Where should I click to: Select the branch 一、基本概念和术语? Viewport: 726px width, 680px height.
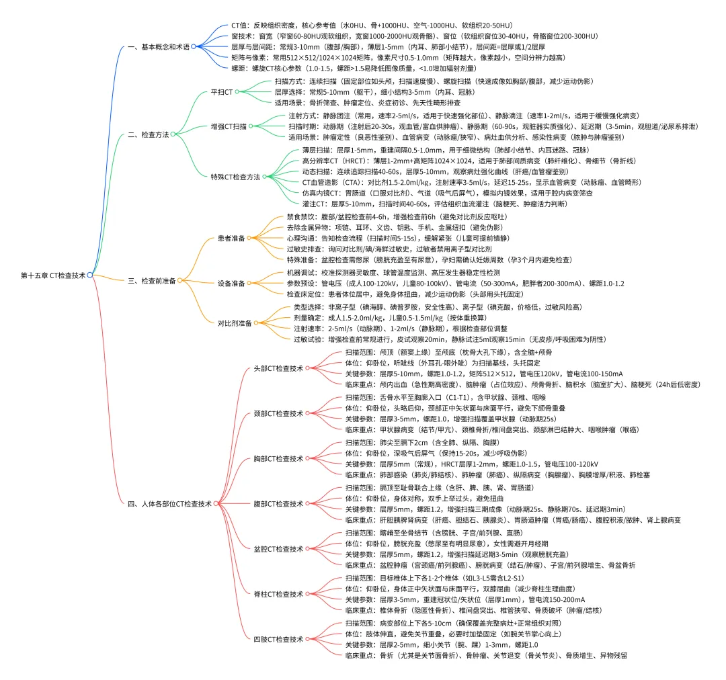pyautogui.click(x=158, y=46)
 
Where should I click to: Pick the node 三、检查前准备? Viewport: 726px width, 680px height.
pyautogui.click(x=152, y=280)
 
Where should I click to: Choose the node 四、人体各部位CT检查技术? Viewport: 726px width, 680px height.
pyautogui.click(x=169, y=503)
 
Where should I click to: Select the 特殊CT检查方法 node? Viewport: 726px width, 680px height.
pyautogui.click(x=235, y=176)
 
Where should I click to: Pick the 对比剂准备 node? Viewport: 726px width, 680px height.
pyautogui.click(x=234, y=323)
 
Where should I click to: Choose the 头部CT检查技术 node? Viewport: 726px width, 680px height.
pyautogui.click(x=277, y=368)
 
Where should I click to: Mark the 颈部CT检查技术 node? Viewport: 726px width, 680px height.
pyautogui.click(x=277, y=413)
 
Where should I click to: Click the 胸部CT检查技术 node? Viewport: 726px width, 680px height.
pyautogui.click(x=277, y=458)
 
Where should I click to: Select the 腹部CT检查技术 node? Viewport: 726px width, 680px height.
pyautogui.click(x=277, y=503)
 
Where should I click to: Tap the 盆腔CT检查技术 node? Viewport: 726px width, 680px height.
pyautogui.click(x=277, y=548)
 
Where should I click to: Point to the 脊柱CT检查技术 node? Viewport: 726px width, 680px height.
pyautogui.click(x=277, y=594)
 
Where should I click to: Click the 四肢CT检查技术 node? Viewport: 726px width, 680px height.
pyautogui.click(x=277, y=638)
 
